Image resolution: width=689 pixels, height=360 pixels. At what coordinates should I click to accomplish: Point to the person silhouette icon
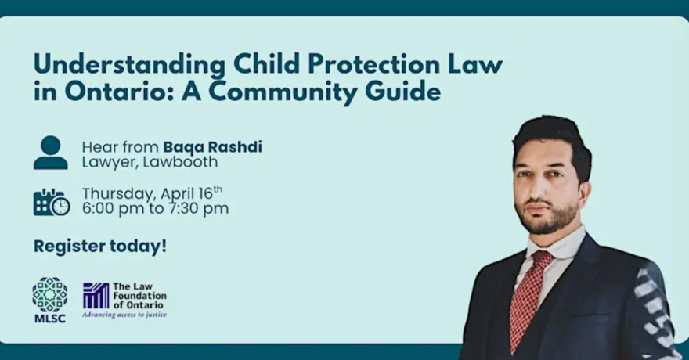pos(50,153)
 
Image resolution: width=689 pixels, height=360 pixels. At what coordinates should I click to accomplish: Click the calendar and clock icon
pos(51,202)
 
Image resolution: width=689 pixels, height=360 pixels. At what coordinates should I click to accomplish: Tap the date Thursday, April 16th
pos(152,193)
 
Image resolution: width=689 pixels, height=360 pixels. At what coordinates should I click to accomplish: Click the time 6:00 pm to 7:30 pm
pos(155,209)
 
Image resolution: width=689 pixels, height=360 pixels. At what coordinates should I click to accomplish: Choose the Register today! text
pos(100,246)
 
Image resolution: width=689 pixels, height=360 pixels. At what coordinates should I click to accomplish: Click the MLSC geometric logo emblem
pos(49,294)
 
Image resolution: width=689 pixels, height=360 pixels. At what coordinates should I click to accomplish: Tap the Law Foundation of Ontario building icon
pos(96,295)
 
